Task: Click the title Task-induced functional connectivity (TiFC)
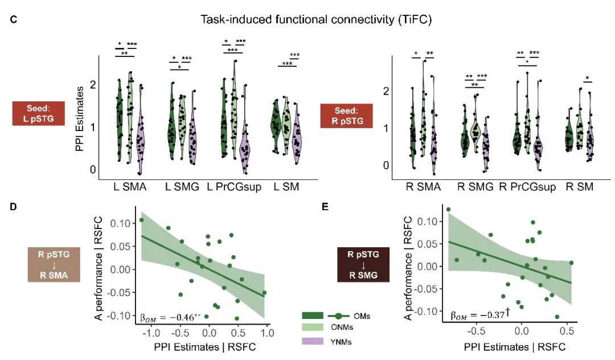click(317, 20)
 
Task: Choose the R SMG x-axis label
click(475, 186)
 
